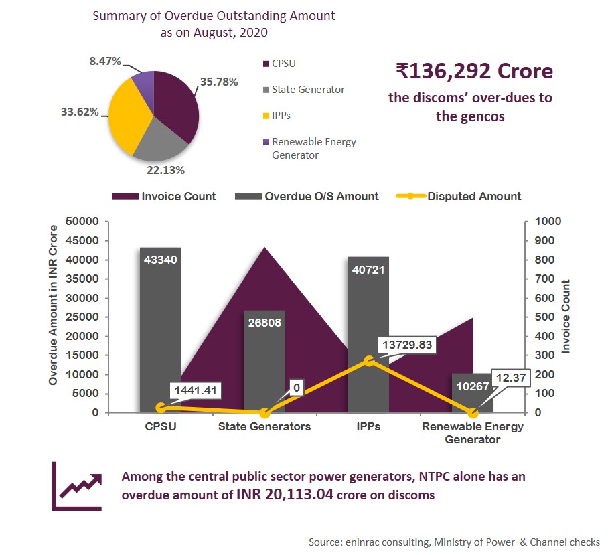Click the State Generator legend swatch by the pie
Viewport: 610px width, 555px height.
point(266,89)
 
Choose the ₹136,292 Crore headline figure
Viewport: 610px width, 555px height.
point(474,70)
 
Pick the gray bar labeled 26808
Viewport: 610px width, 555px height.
point(264,362)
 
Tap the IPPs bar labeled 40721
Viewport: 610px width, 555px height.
point(368,334)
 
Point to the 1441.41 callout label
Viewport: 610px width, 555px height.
point(195,390)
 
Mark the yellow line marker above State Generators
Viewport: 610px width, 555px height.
point(264,412)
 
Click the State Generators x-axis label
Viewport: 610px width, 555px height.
point(264,427)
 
